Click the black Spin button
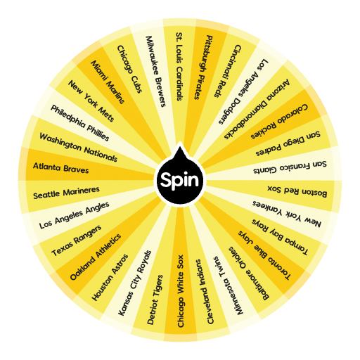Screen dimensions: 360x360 (x=180, y=179)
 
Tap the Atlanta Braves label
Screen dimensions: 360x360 (x=61, y=168)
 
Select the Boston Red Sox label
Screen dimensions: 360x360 (x=297, y=191)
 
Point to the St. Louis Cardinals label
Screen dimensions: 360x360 (x=179, y=67)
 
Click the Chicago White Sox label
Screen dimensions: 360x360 (x=180, y=291)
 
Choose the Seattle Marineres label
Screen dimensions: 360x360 (x=66, y=193)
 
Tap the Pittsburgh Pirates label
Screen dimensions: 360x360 (x=203, y=67)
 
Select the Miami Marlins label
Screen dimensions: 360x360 (x=108, y=82)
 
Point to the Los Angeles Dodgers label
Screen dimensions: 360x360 (x=243, y=91)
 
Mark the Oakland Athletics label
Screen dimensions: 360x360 (x=96, y=257)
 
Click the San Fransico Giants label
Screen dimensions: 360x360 (x=290, y=167)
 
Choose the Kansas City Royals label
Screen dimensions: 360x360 (x=135, y=283)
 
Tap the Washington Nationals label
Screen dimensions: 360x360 (x=78, y=148)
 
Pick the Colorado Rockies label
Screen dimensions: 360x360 (x=279, y=122)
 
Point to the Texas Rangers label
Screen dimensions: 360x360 (x=77, y=240)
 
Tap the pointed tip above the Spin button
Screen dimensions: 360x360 (x=180, y=142)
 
